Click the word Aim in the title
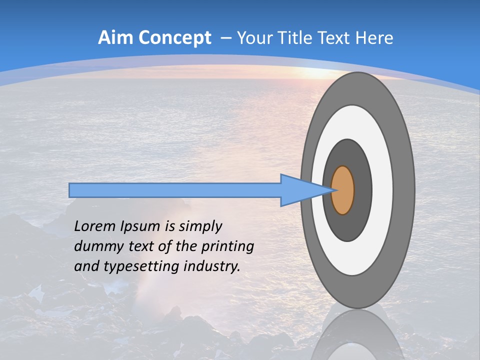tap(115, 38)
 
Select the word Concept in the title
tap(174, 38)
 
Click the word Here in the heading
tap(374, 38)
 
